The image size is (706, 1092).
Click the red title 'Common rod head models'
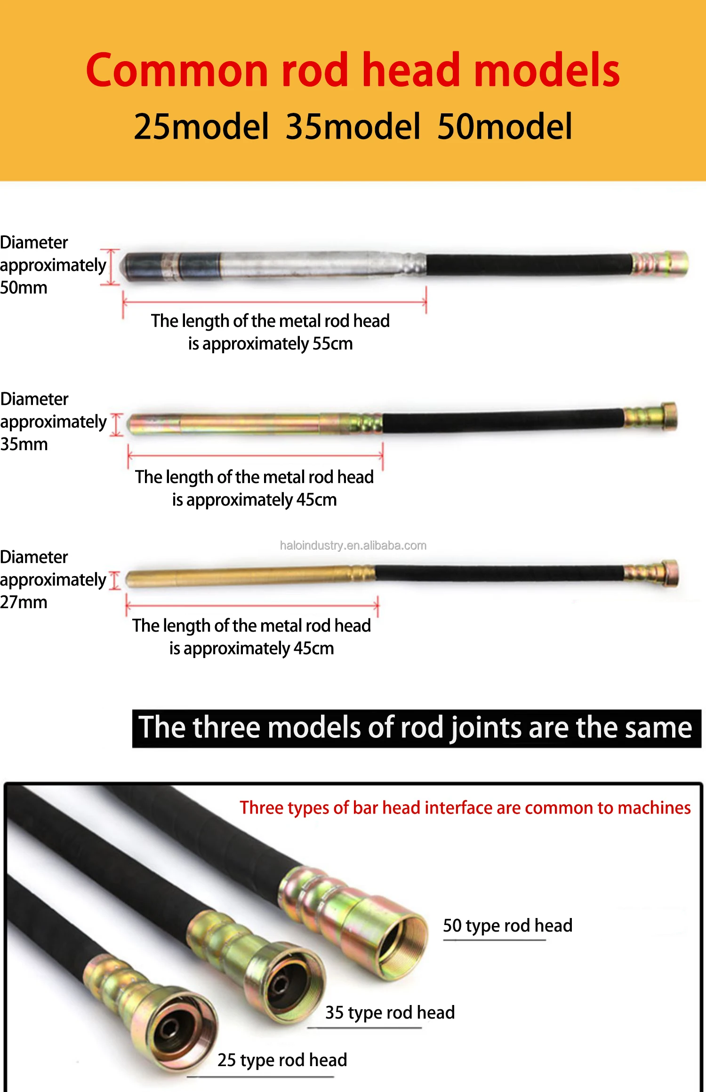coord(353,71)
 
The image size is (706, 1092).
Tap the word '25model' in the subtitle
coord(201,127)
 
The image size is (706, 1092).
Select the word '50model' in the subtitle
coord(505,127)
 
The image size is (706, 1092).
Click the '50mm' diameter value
coord(24,288)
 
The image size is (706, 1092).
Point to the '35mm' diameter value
coord(24,444)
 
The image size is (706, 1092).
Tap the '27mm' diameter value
coord(24,602)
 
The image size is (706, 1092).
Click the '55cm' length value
coord(332,344)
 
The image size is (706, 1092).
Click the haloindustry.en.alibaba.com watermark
coord(353,546)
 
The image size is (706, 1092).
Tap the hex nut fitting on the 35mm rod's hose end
coord(668,416)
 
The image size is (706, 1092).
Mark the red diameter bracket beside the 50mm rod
coord(111,267)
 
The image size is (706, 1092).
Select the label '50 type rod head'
coord(507,926)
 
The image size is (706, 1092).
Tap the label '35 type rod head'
coord(390,1013)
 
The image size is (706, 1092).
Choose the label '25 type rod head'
coord(282,1060)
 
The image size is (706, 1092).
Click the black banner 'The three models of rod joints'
coord(416,728)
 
